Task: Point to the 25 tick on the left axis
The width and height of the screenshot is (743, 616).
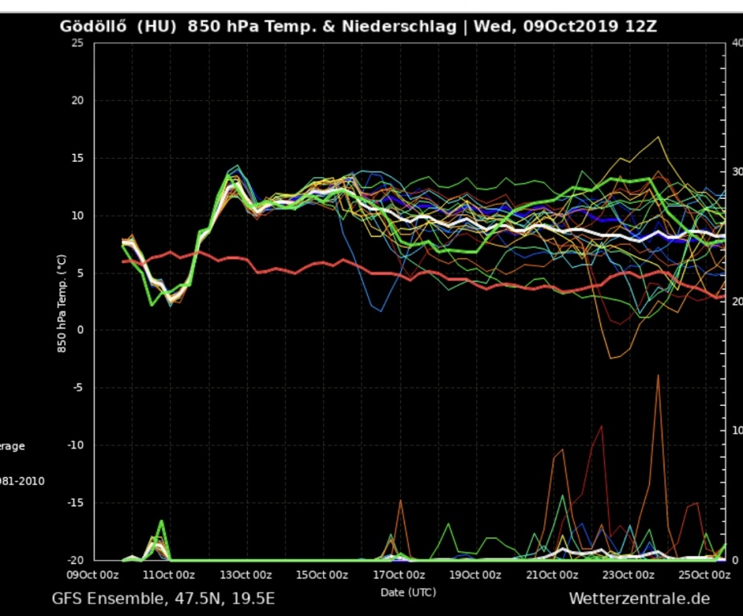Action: coord(78,43)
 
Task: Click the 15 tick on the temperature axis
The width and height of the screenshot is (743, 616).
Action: coord(78,158)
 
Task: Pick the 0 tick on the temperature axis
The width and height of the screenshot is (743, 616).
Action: coord(81,330)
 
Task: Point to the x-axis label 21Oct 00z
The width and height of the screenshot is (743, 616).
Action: coord(552,575)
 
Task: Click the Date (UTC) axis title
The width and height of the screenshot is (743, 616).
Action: coord(408,592)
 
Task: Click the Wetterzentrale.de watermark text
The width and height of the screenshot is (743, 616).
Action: coord(639,598)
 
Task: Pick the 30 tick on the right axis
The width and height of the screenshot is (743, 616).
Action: coord(737,172)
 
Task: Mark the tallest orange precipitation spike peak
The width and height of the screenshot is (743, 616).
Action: coord(658,375)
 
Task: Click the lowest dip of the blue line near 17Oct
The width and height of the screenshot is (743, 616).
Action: coord(381,311)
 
